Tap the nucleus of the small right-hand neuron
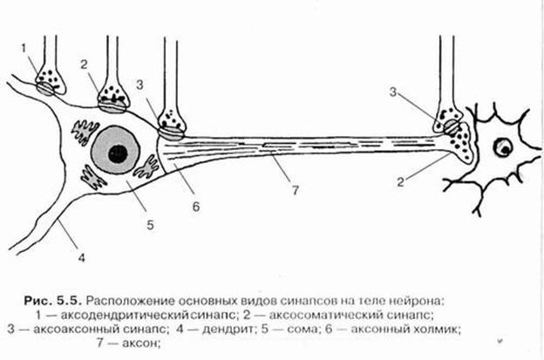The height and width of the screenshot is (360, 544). pos(502,148)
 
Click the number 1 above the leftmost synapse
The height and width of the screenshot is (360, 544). pos(24,45)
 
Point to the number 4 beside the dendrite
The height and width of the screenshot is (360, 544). pos(81,257)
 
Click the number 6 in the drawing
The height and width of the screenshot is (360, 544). pos(196,207)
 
